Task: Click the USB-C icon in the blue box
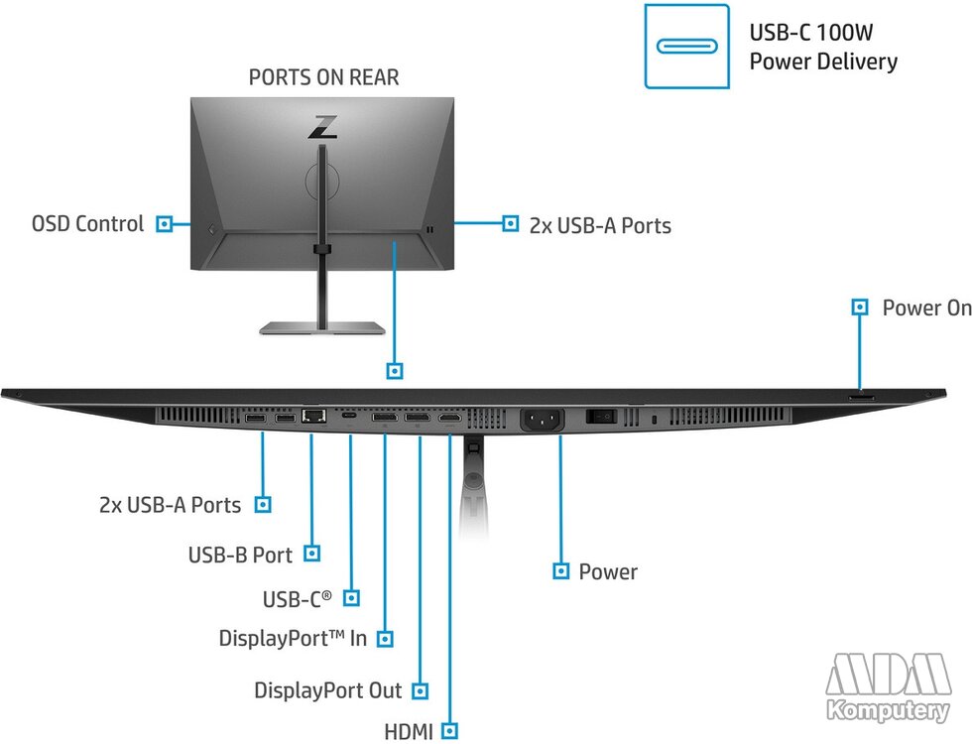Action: tap(686, 47)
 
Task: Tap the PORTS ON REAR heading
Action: tap(323, 77)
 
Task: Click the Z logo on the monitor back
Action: tap(323, 127)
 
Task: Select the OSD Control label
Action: tap(87, 224)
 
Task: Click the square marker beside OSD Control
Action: tap(165, 224)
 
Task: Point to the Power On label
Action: tap(926, 308)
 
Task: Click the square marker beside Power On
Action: tap(860, 307)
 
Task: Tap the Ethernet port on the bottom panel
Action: tap(313, 416)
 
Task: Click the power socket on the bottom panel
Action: tap(542, 420)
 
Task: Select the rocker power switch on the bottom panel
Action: tap(601, 416)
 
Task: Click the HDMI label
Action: tap(409, 732)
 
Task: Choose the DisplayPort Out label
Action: tap(328, 690)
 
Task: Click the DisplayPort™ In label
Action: tap(293, 639)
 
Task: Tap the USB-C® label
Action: tap(297, 599)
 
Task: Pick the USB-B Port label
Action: tap(240, 555)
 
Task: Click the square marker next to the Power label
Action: tap(561, 571)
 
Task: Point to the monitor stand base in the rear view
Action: tap(322, 328)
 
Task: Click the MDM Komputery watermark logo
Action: tap(888, 686)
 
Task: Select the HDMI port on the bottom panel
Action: tap(450, 419)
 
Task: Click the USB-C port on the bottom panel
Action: tap(349, 416)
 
